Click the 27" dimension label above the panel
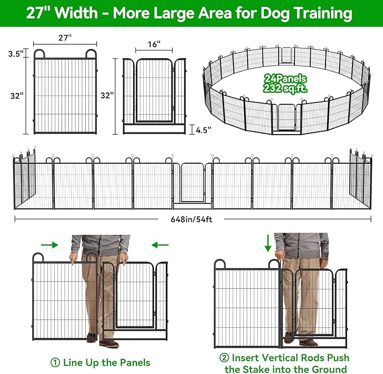tap(65, 37)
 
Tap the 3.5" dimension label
tap(16, 54)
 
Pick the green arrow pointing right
tap(50, 244)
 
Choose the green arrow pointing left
tap(161, 244)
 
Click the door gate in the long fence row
tap(193, 181)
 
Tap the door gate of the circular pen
tap(286, 118)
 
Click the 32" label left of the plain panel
tap(16, 96)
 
